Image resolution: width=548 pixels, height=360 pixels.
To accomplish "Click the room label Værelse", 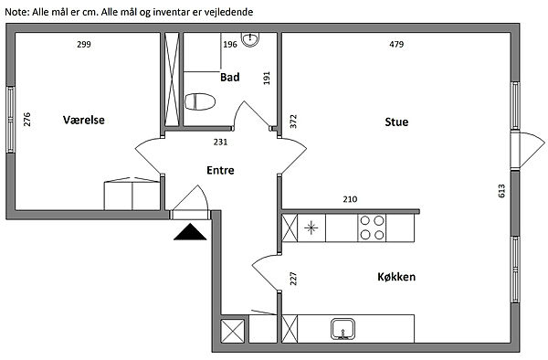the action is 84,120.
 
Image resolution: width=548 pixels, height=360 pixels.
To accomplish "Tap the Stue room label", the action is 396,122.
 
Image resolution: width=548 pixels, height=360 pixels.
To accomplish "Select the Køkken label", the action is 396,277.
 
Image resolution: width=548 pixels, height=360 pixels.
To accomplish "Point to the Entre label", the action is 220,170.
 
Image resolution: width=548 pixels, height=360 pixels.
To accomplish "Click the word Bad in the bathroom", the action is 229,77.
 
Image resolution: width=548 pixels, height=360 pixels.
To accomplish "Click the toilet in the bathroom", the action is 199,101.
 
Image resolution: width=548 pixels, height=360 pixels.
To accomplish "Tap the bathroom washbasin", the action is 250,39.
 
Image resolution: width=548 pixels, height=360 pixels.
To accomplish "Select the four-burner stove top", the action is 372,228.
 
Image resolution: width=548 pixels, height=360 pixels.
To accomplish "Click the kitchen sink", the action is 342,329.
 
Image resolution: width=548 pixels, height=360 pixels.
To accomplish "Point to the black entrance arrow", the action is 190,232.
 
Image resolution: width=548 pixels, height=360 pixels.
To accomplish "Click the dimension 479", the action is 396,44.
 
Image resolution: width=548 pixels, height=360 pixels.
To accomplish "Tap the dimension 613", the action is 501,191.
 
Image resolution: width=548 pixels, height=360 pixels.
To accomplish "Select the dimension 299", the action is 84,44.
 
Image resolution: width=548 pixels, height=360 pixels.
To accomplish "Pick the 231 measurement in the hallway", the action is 220,142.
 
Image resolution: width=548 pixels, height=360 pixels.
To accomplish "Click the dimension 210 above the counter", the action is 350,199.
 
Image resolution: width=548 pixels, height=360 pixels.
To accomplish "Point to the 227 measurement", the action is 293,279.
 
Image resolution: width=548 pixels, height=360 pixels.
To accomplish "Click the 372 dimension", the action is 293,122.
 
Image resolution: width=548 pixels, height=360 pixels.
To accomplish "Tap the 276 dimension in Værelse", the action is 26,119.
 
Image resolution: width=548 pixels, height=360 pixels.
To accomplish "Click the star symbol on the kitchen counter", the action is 311,228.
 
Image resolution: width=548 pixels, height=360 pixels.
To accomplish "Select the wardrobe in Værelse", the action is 132,194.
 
